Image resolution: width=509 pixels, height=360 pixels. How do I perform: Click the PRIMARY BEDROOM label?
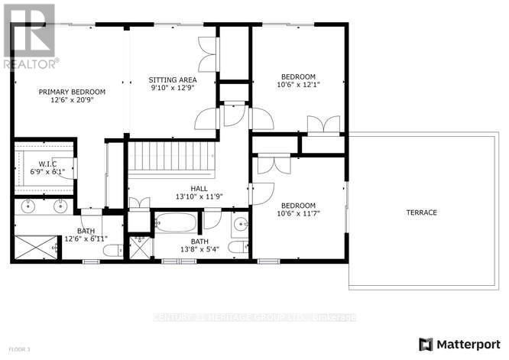click(x=73, y=92)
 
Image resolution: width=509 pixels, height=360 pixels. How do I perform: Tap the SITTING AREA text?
click(x=172, y=80)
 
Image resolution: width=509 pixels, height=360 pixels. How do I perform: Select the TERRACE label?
click(x=421, y=212)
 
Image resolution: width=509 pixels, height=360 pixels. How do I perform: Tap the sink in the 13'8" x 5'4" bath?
click(x=239, y=224)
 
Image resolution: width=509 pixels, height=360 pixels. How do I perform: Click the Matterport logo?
click(x=459, y=343)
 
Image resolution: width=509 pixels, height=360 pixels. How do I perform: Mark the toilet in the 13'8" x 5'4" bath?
click(x=240, y=247)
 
